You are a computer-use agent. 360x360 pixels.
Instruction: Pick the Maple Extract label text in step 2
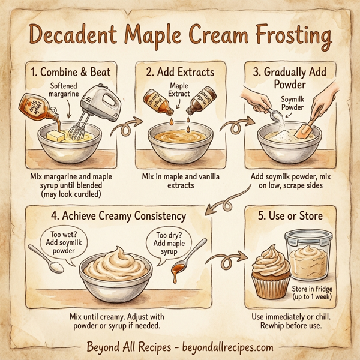point(179,90)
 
